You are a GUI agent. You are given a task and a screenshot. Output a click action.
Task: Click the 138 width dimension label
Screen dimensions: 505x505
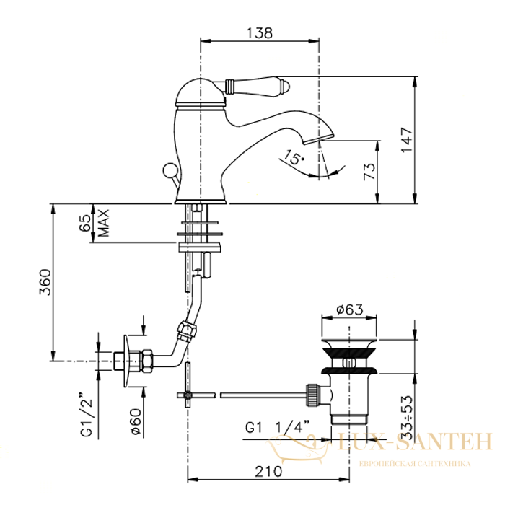click(260, 32)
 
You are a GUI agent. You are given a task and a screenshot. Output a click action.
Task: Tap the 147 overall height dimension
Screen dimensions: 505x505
click(407, 140)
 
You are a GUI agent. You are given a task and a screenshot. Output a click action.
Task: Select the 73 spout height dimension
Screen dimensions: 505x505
click(369, 172)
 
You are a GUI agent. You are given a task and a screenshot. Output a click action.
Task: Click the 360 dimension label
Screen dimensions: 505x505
click(45, 283)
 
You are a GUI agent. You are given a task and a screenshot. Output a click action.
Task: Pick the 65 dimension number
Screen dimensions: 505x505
click(85, 223)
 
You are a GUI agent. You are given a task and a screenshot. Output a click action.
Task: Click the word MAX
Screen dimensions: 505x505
click(104, 223)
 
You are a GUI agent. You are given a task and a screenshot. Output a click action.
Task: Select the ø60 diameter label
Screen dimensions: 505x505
click(136, 421)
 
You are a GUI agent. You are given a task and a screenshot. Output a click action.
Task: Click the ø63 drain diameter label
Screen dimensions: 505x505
click(349, 309)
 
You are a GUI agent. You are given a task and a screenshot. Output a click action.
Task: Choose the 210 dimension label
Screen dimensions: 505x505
click(268, 472)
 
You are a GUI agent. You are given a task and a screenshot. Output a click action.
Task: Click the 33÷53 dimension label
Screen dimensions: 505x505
click(408, 417)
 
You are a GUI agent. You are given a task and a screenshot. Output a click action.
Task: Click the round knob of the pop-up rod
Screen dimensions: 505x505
click(169, 170)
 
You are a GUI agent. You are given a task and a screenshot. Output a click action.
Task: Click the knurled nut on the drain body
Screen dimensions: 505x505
click(315, 395)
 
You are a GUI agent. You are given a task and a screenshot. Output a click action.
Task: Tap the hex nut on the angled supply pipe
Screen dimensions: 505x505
click(187, 330)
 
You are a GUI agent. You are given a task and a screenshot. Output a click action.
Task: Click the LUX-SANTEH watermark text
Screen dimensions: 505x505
click(414, 442)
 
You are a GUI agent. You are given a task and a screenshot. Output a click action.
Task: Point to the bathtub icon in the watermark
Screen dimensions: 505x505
click(298, 449)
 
